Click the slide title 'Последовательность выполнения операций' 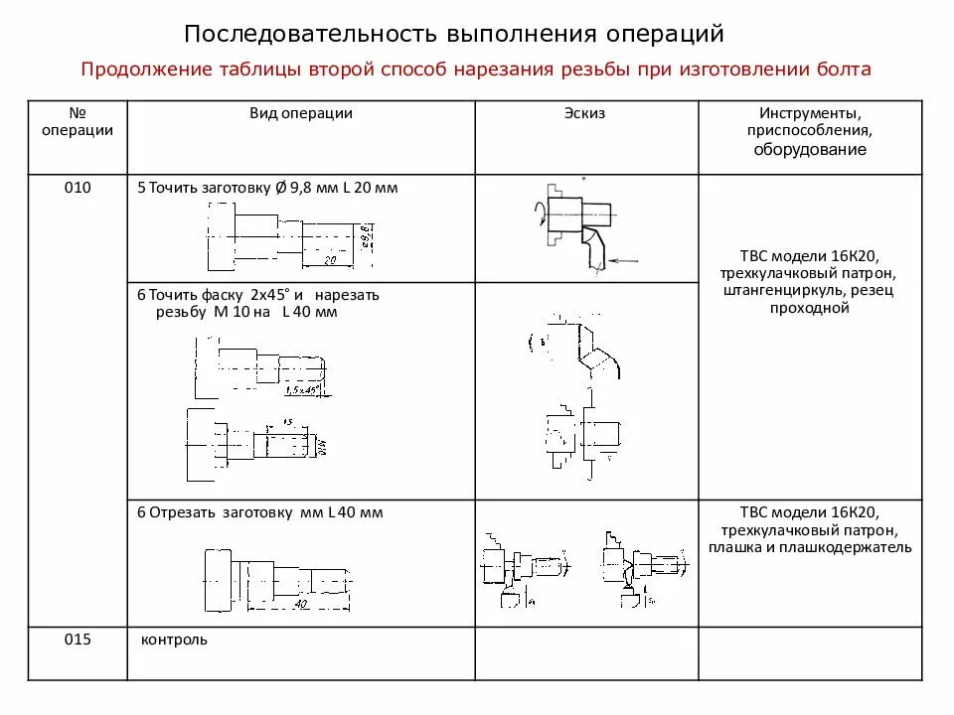(453, 34)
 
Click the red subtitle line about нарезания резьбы (476, 70)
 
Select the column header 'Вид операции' (300, 113)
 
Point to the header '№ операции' (78, 121)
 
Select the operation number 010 (78, 188)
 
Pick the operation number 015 (78, 640)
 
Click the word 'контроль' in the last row (175, 640)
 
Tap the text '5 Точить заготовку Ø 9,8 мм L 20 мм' (266, 188)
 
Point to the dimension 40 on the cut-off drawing (301, 603)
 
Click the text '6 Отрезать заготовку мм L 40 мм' (259, 512)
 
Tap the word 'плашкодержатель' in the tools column (855, 547)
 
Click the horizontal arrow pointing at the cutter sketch (623, 261)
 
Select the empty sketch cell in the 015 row (587, 653)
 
